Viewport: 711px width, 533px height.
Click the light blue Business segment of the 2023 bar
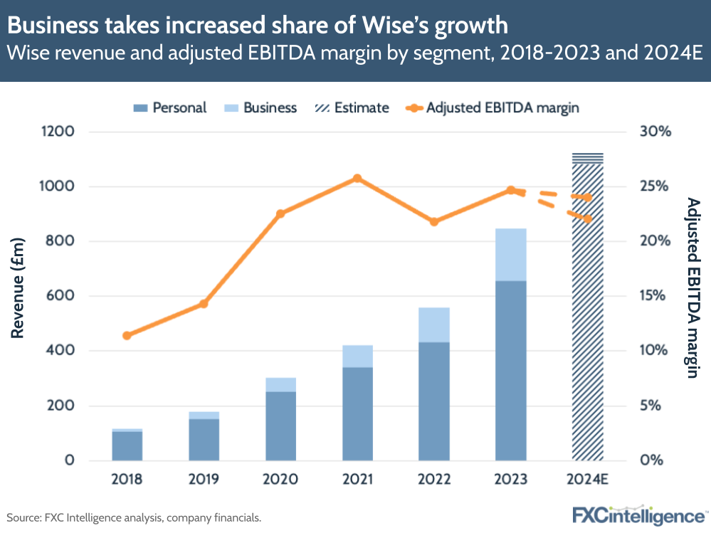point(510,254)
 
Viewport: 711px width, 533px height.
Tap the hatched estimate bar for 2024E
point(587,313)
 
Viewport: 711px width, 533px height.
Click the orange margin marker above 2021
point(357,179)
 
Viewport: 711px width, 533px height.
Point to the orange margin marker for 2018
point(127,335)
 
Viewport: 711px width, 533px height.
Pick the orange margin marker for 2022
point(434,222)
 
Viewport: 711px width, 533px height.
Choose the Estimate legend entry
point(353,108)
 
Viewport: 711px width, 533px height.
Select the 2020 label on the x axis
point(280,479)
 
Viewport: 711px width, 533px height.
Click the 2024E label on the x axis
point(588,479)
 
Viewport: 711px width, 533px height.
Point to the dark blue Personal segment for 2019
point(204,439)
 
